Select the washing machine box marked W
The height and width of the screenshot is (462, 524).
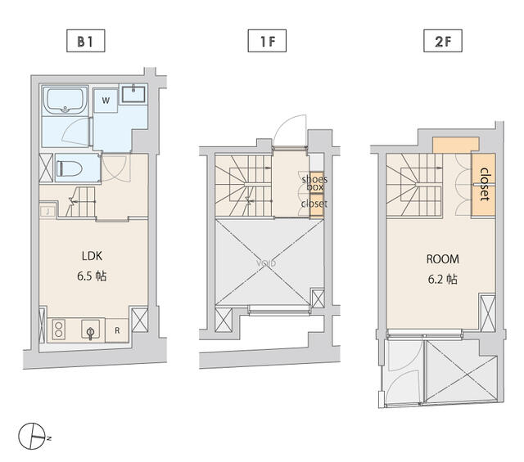tap(105, 101)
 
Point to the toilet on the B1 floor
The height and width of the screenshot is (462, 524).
tap(71, 168)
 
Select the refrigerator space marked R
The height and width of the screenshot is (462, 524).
tap(116, 331)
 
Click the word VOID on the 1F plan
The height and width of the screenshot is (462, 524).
tap(265, 264)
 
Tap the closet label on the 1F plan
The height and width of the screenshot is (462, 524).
tap(314, 204)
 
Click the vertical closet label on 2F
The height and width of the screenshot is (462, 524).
tap(485, 185)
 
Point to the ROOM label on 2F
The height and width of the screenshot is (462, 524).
tap(443, 259)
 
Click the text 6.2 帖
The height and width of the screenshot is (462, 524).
tap(443, 279)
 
